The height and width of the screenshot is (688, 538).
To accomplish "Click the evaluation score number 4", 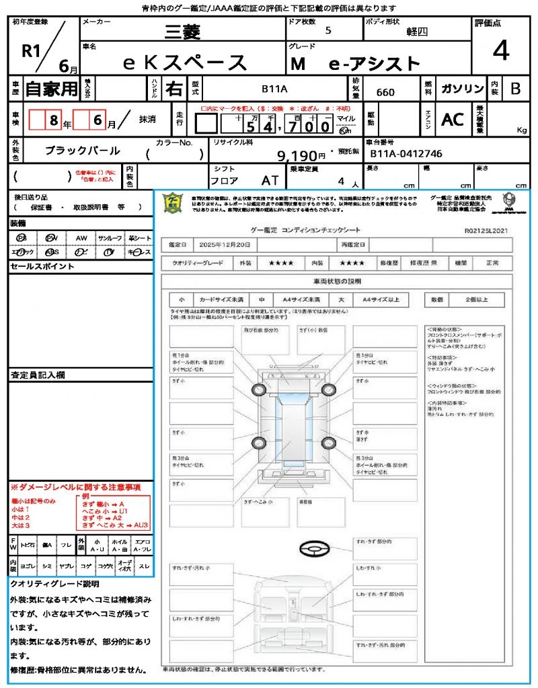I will point(500,51).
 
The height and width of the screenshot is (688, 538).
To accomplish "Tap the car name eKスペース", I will point(184,62).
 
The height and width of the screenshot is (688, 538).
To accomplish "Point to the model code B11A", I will point(274,89).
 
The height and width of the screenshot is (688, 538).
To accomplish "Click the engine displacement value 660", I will point(385,92).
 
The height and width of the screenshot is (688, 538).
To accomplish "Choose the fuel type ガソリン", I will point(462,89).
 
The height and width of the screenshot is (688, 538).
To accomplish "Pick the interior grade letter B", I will point(515,89).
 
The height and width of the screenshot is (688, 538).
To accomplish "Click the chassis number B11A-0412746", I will point(406,154).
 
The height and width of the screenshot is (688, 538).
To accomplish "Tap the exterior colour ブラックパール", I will point(83,150).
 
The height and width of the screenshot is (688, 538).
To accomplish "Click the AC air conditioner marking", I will point(453,119).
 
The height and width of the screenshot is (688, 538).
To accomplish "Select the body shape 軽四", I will point(417,31).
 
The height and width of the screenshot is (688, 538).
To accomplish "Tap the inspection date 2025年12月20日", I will point(229,245).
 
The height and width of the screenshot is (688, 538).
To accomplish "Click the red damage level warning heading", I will point(75,486).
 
